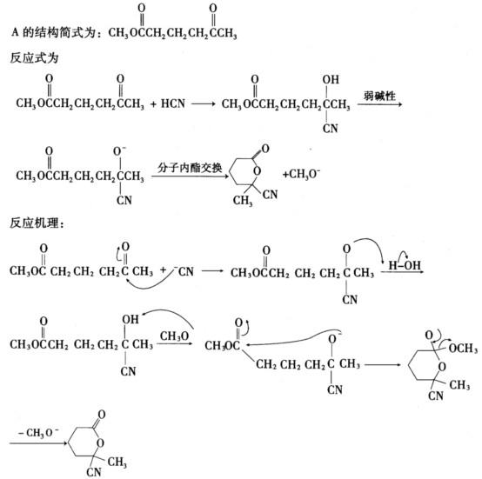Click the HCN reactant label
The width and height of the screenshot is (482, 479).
pyautogui.click(x=173, y=103)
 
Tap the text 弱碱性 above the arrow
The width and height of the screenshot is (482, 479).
pyautogui.click(x=379, y=96)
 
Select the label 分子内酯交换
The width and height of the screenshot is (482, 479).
pyautogui.click(x=190, y=168)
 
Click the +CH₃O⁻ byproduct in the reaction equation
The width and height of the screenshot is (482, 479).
pyautogui.click(x=302, y=174)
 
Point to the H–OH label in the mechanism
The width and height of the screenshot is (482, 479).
pyautogui.click(x=405, y=265)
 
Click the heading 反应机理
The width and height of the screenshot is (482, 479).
pyautogui.click(x=37, y=223)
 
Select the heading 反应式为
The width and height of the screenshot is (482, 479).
pyautogui.click(x=34, y=57)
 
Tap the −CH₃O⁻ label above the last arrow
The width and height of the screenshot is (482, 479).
pyautogui.click(x=38, y=433)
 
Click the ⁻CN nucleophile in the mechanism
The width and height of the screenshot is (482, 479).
pyautogui.click(x=184, y=271)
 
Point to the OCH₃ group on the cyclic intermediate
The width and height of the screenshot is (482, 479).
pyautogui.click(x=463, y=349)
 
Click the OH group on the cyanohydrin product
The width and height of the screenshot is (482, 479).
pyautogui.click(x=331, y=80)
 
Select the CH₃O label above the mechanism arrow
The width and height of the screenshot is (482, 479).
pyautogui.click(x=174, y=336)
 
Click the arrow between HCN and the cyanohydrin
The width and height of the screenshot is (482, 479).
pyautogui.click(x=204, y=103)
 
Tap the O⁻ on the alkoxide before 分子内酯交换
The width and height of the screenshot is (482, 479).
pyautogui.click(x=119, y=151)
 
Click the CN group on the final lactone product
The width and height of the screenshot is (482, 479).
pyautogui.click(x=94, y=472)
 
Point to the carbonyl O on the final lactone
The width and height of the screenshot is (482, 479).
pyautogui.click(x=102, y=415)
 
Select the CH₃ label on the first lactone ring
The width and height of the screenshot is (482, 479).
pyautogui.click(x=243, y=201)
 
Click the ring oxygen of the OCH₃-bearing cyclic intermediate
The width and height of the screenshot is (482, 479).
pyautogui.click(x=442, y=366)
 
